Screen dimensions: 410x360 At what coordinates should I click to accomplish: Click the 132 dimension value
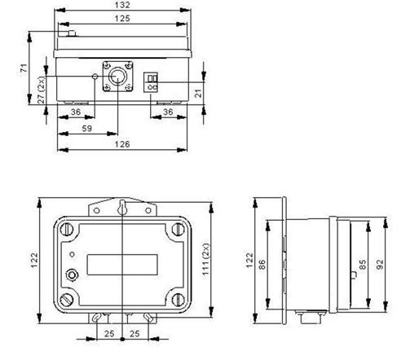(x=122, y=5)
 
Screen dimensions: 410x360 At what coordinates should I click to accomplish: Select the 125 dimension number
(x=122, y=19)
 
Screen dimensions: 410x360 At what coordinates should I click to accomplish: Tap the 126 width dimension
(x=122, y=144)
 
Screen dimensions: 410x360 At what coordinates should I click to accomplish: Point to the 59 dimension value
(x=87, y=129)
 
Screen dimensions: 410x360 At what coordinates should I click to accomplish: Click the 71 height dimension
(x=24, y=68)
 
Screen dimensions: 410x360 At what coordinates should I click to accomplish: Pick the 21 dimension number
(x=199, y=94)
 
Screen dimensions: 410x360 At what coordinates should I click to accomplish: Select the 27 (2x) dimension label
(x=41, y=90)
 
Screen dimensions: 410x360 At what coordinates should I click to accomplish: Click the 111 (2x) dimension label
(x=206, y=260)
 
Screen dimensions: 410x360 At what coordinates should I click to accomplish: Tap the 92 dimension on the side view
(x=380, y=264)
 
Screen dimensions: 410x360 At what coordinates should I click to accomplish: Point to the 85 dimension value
(x=363, y=264)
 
